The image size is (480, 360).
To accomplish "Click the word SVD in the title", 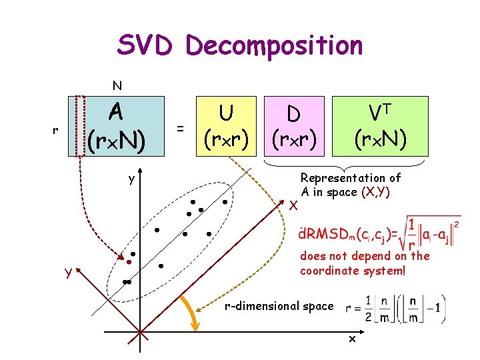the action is (x=145, y=45).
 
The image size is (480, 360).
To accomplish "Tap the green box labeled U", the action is (x=227, y=126).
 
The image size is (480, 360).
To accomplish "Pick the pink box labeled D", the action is (x=293, y=126).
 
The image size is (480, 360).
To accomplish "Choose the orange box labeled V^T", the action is (x=381, y=126).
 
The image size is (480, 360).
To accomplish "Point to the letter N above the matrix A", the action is (x=117, y=85).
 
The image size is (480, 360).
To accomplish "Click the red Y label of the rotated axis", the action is (x=68, y=272).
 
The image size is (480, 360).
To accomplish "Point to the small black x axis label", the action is (x=352, y=340).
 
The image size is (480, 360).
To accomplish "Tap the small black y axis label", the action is (x=132, y=179).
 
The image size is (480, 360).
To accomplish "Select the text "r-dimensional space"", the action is (x=279, y=306).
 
